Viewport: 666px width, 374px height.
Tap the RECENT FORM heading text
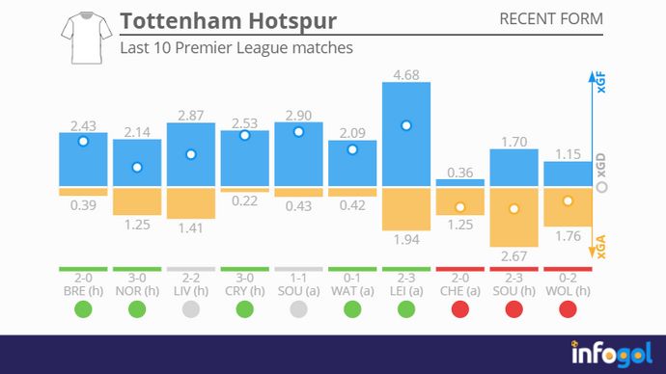[x=551, y=19]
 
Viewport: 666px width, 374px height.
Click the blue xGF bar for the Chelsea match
[x=460, y=182]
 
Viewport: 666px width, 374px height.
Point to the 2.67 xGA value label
[x=513, y=257]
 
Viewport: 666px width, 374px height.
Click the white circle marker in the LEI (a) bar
[x=406, y=125]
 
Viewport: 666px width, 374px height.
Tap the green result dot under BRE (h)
[x=83, y=309]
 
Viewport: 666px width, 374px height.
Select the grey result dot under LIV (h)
[x=191, y=309]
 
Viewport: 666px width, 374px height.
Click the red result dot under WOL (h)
[x=568, y=309]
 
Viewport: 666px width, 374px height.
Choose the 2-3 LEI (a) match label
[x=405, y=282]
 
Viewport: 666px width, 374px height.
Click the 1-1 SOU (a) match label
[x=298, y=282]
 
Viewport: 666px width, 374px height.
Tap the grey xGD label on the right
[x=601, y=166]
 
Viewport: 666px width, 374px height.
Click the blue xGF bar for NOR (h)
[x=137, y=163]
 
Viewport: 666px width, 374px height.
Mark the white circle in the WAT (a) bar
[x=352, y=149]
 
